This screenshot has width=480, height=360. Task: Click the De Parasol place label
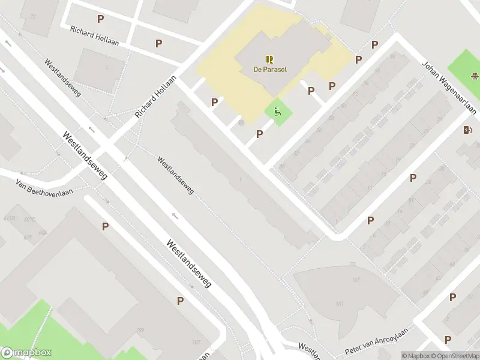pyautogui.click(x=269, y=69)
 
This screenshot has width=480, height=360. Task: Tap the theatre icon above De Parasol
pyautogui.click(x=269, y=59)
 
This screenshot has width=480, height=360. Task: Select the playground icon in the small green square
pyautogui.click(x=277, y=112)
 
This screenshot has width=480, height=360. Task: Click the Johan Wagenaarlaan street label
pyautogui.click(x=449, y=87)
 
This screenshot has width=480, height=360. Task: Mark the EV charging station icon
pyautogui.click(x=468, y=130)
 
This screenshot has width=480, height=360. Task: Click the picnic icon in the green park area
pyautogui.click(x=475, y=76)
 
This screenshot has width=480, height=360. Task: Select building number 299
pyautogui.click(x=140, y=331)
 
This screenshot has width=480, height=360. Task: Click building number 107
pyautogui.click(x=196, y=343)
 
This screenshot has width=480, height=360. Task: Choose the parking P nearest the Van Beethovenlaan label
pyautogui.click(x=105, y=226)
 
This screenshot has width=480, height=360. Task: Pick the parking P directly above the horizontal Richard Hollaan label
pyautogui.click(x=100, y=19)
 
